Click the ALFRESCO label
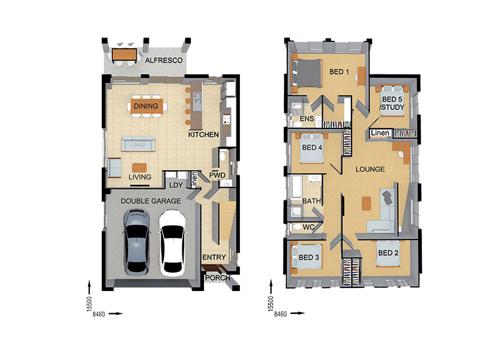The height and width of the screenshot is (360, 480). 164,61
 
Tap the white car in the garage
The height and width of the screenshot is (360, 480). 172,242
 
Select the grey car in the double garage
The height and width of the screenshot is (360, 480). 137,242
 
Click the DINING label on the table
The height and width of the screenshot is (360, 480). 146,106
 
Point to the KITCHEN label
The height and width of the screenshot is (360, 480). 203,134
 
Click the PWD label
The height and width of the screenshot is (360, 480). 217,175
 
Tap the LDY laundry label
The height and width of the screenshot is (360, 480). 176,185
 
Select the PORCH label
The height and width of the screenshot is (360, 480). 217,278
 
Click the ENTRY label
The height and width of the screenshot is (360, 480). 214,257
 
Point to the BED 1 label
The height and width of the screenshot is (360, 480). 339,72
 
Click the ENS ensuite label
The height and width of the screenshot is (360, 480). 307,119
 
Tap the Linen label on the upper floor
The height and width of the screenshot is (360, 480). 380,133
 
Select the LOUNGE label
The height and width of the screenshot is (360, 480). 370,169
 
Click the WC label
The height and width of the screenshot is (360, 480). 308,227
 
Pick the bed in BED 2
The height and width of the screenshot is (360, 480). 388,254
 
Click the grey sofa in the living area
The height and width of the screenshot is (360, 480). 138,144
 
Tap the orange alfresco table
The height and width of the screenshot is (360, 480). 124,55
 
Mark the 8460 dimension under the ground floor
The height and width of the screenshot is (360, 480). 99,314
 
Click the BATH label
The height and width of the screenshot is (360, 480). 311,201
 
